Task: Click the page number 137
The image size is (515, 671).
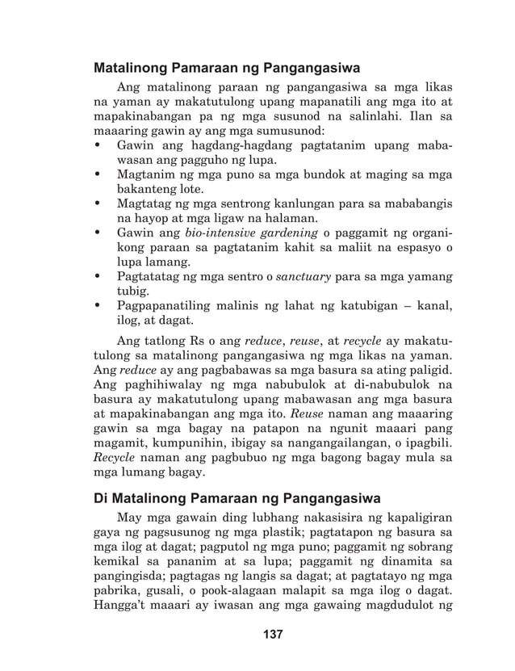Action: point(273,635)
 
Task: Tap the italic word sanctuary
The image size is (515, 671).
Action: point(304,277)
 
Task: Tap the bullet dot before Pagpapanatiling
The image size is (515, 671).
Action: point(98,306)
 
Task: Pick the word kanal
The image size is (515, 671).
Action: point(429,306)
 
